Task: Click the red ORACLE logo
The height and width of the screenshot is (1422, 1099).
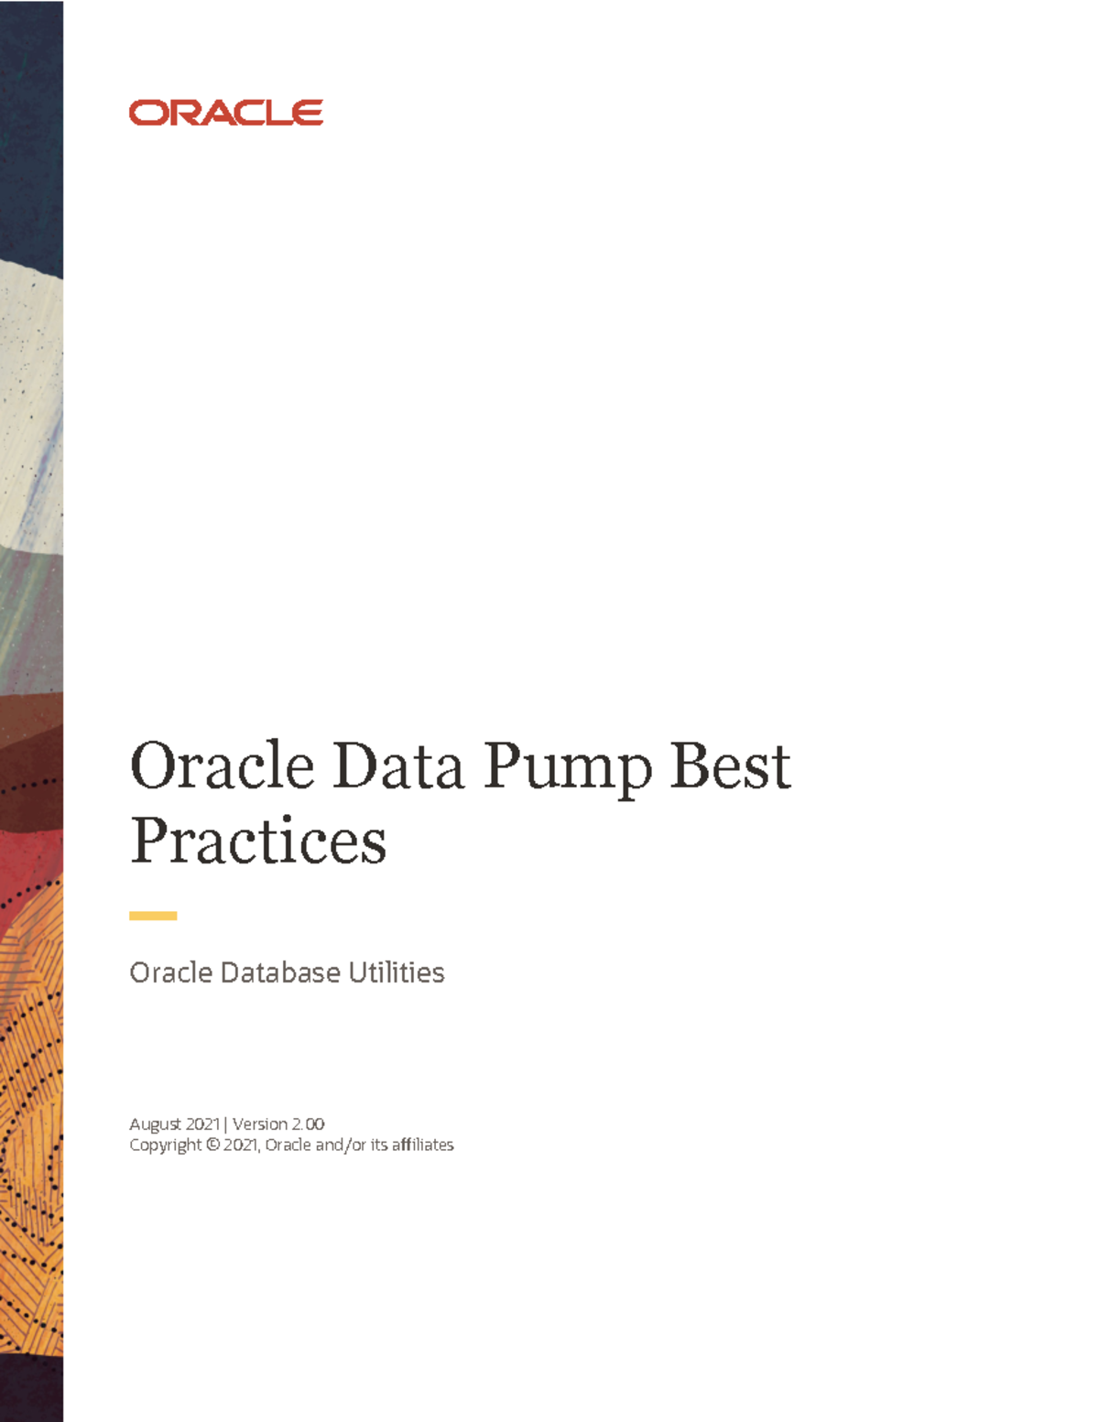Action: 226,113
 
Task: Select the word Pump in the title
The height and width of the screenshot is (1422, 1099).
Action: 567,767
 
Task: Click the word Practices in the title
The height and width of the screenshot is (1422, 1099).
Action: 258,841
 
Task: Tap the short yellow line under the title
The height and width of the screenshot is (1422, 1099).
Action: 153,916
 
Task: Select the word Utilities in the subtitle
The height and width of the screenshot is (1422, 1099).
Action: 397,972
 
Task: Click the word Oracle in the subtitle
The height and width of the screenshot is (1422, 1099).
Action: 170,972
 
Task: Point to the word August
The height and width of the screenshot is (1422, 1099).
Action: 156,1124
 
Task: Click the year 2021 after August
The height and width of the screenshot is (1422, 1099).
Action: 202,1123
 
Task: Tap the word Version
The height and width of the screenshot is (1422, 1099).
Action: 260,1123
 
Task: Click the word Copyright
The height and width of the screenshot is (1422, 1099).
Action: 165,1145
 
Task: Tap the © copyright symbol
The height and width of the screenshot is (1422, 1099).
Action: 212,1145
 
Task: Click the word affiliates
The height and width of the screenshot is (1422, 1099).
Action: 422,1145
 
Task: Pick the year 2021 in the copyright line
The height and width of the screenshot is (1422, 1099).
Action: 242,1145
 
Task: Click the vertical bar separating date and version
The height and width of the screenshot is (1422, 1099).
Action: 225,1123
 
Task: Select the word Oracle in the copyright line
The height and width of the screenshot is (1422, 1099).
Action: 288,1145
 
